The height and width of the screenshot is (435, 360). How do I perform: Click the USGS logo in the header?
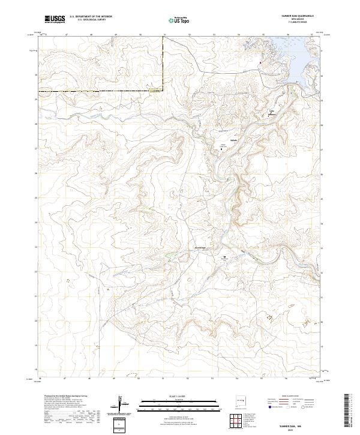coord(55,19)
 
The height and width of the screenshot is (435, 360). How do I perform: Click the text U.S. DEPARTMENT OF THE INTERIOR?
coord(90,17)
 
